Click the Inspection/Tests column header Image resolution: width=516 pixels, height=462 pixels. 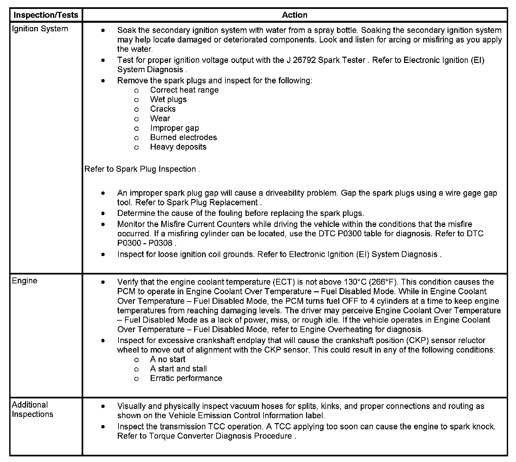(x=46, y=15)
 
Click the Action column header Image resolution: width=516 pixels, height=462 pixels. (x=295, y=15)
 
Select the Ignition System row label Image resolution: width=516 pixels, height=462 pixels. (x=40, y=29)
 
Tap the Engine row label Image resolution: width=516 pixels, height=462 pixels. (x=25, y=281)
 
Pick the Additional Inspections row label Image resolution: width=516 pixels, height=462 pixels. (x=32, y=410)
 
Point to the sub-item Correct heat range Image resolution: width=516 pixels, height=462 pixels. (x=184, y=90)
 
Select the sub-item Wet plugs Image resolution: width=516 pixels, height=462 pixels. (x=168, y=100)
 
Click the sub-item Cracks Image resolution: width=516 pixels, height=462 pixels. (x=163, y=109)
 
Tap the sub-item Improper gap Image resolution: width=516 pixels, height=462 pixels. (x=174, y=128)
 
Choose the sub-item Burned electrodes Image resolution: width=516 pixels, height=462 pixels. (x=183, y=137)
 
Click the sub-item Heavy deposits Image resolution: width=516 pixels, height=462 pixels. (x=178, y=147)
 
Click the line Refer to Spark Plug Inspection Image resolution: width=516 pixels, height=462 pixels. (x=142, y=169)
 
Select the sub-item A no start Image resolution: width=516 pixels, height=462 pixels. (x=168, y=360)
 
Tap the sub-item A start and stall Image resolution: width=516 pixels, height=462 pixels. (x=178, y=369)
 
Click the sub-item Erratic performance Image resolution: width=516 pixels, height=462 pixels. (x=186, y=378)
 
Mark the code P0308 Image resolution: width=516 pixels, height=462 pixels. (x=161, y=243)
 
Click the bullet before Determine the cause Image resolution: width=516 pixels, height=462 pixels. (x=103, y=214)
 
